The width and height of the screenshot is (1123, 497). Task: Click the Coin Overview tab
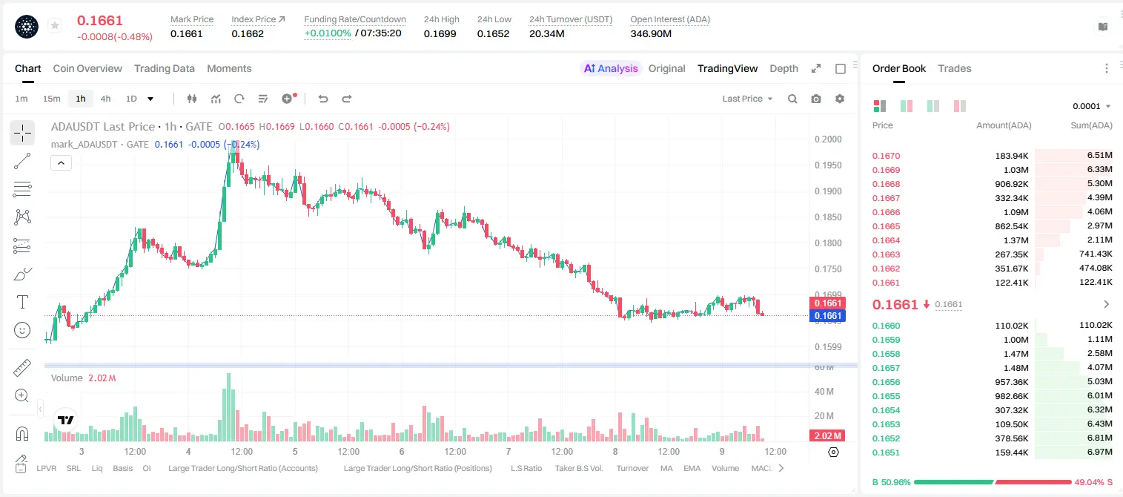pyautogui.click(x=87, y=68)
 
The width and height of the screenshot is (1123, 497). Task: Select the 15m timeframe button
pyautogui.click(x=51, y=99)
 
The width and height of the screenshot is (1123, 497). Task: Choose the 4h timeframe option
pyautogui.click(x=105, y=99)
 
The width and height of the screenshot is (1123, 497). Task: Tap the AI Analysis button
pyautogui.click(x=611, y=68)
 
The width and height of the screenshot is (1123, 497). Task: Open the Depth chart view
pyautogui.click(x=784, y=68)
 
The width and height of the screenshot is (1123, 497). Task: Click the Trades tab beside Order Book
pyautogui.click(x=955, y=68)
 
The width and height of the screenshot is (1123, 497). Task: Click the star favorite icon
pyautogui.click(x=55, y=25)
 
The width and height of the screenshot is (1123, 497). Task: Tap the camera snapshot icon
pyautogui.click(x=816, y=99)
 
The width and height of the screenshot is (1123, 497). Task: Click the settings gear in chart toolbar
pyautogui.click(x=840, y=99)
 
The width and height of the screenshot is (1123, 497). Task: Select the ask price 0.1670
pyautogui.click(x=886, y=156)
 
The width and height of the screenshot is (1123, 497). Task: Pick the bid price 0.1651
pyautogui.click(x=886, y=452)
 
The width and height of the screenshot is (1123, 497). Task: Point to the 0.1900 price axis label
pyautogui.click(x=828, y=191)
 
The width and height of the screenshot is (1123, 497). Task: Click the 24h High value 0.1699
pyautogui.click(x=440, y=33)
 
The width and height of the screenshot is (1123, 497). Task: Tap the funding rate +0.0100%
pyautogui.click(x=328, y=33)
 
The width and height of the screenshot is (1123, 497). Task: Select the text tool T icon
pyautogui.click(x=22, y=302)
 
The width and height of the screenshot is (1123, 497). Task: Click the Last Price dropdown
pyautogui.click(x=747, y=99)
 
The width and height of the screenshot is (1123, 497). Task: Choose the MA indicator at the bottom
pyautogui.click(x=666, y=468)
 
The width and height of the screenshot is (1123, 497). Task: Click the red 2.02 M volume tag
pyautogui.click(x=827, y=436)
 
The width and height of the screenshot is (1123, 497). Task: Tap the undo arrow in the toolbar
pyautogui.click(x=323, y=99)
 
